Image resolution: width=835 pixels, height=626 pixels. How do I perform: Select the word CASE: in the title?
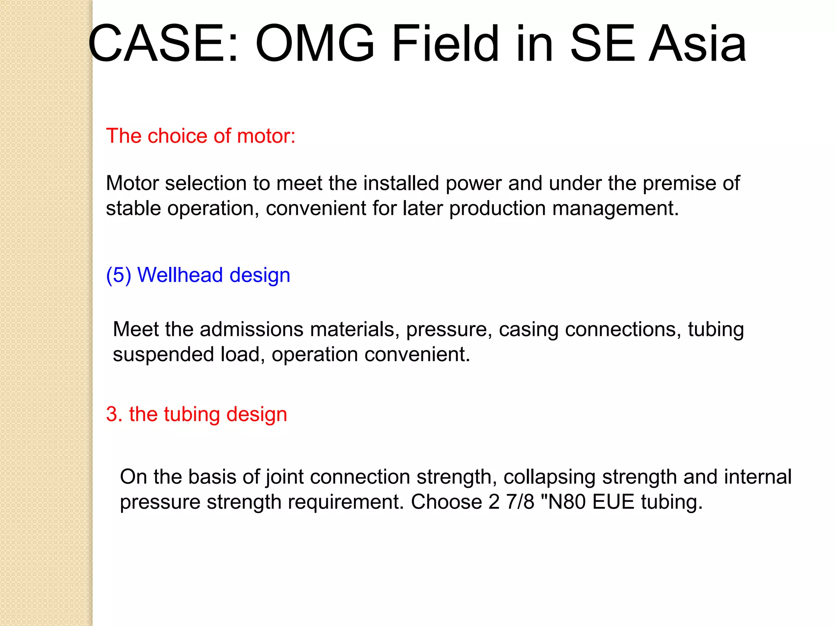coord(163,44)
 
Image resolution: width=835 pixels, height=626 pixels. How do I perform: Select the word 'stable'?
coord(133,208)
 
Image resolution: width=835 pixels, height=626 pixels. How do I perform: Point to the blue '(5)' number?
coord(119,275)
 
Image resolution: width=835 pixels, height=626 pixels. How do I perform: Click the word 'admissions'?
coord(252,329)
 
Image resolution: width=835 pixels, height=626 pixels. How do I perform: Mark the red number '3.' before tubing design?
coord(115,414)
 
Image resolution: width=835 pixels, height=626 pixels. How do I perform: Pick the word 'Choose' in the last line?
coord(446,502)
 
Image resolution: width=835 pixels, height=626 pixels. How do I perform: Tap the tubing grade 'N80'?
coord(568,502)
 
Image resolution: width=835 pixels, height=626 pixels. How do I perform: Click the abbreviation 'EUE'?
coord(613,502)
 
